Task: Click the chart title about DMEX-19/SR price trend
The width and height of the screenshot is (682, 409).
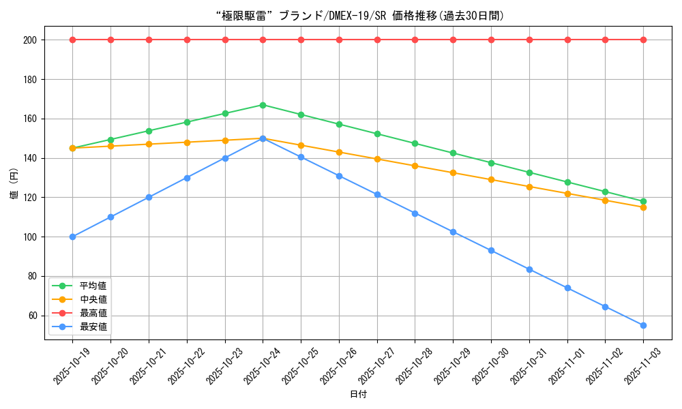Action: [x=358, y=16]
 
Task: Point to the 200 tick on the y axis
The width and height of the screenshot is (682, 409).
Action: [x=30, y=40]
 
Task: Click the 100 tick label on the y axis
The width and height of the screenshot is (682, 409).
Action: [x=30, y=237]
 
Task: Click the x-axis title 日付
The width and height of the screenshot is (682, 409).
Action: [x=358, y=395]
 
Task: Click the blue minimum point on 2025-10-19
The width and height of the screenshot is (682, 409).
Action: [x=72, y=237]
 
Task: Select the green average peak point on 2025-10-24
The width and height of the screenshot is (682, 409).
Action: [x=263, y=105]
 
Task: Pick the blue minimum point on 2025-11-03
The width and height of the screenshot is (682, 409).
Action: [x=643, y=325]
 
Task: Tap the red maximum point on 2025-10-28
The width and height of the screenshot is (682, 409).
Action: [x=415, y=40]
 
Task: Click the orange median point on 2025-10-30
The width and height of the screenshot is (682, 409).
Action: [x=491, y=180]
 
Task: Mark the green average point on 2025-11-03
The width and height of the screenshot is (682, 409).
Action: [x=643, y=201]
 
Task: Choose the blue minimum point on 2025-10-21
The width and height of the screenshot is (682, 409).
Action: [x=149, y=198]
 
